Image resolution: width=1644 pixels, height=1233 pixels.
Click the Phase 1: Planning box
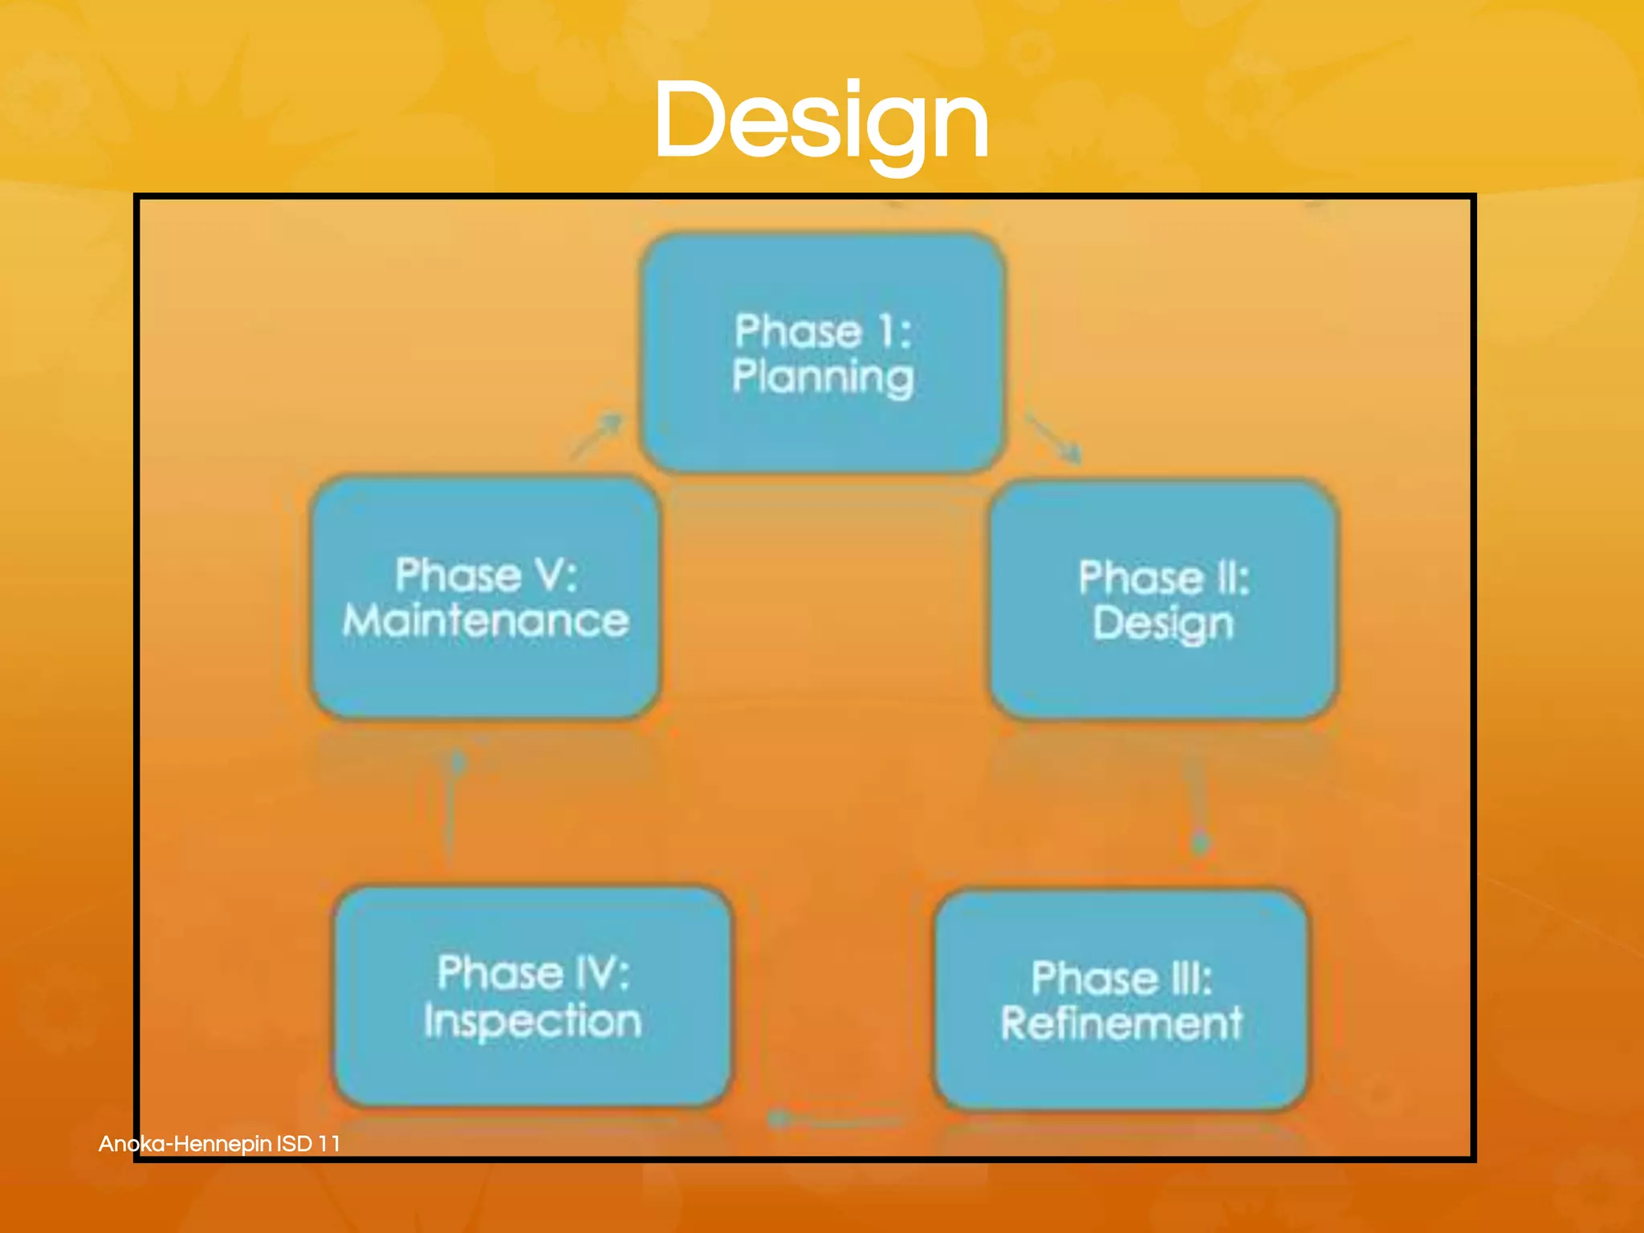822,353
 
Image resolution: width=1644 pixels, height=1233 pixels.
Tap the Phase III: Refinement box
1121,1000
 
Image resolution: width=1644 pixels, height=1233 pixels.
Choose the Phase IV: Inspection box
533,996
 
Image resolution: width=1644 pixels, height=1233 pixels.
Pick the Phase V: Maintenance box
486,597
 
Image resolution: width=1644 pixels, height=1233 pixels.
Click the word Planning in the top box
823,377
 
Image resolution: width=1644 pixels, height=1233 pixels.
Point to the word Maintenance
486,621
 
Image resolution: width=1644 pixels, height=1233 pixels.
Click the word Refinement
1121,1023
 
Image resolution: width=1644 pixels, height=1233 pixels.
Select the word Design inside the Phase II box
1163,624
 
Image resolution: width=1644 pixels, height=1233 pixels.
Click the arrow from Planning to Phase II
1053,438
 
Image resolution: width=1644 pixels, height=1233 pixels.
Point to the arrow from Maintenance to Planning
597,435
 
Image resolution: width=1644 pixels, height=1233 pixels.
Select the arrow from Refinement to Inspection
835,1119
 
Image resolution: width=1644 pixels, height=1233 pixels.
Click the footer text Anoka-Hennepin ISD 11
219,1143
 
